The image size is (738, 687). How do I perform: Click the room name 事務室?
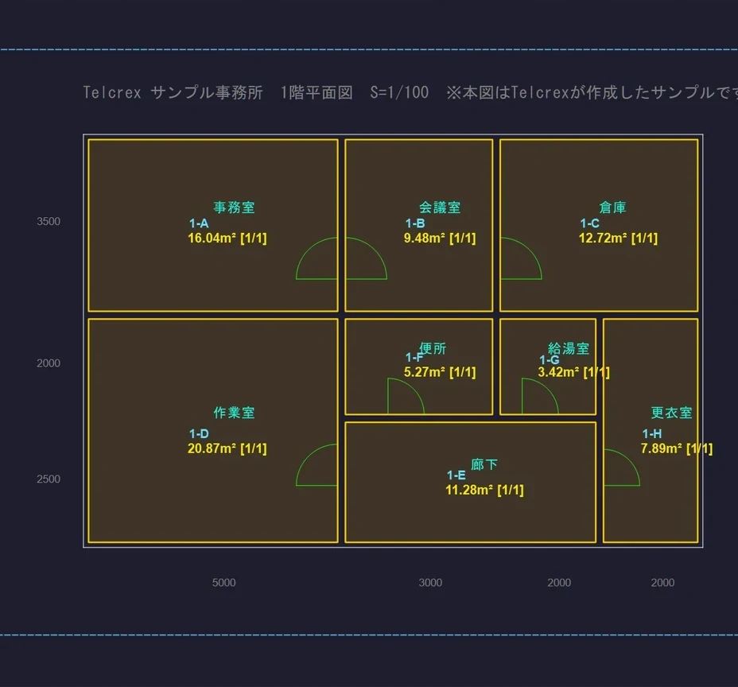(234, 208)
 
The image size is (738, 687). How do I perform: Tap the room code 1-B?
(415, 223)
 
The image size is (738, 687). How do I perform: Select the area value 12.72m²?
(603, 238)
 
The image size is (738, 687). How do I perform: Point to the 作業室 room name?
(234, 413)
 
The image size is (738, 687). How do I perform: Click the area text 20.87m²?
(212, 448)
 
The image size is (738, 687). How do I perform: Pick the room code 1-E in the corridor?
(456, 475)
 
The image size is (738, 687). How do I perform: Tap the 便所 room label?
(433, 349)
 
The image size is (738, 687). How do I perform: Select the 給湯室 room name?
(569, 349)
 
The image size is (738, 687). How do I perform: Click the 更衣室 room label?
(672, 413)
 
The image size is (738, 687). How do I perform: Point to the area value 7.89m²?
(662, 448)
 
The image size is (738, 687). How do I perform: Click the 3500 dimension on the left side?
(49, 222)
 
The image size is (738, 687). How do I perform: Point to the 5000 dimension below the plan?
(224, 583)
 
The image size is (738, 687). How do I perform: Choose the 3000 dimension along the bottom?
(431, 583)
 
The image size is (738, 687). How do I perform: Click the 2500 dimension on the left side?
(49, 479)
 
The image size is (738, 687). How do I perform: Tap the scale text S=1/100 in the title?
(399, 92)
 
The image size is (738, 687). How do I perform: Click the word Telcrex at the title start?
(112, 92)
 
